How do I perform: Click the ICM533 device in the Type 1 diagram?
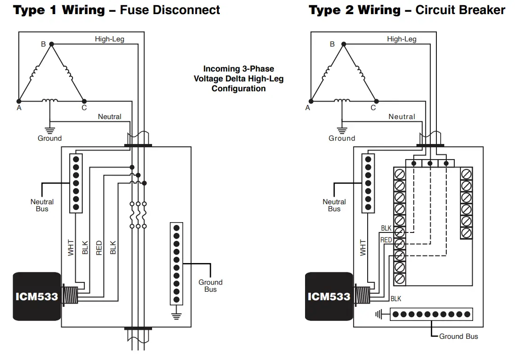[37, 296]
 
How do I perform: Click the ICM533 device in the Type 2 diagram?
[329, 296]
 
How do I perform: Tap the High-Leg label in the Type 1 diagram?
[109, 39]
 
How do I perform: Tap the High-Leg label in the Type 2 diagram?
[402, 39]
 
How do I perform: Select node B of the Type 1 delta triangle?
[52, 44]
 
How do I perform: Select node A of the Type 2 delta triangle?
[311, 101]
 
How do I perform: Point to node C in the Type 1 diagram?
[84, 101]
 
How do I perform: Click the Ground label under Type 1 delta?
[49, 138]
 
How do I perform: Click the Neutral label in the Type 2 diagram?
[402, 117]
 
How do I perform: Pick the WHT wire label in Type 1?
[71, 248]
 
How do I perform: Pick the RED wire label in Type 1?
[99, 248]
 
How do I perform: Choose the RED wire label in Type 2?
[386, 240]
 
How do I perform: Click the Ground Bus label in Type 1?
[210, 286]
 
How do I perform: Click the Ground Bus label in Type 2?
[458, 336]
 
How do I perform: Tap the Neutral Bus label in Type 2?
[334, 205]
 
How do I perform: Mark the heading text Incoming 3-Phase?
[238, 69]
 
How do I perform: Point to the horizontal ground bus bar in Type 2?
[431, 314]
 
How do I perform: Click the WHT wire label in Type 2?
[363, 248]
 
